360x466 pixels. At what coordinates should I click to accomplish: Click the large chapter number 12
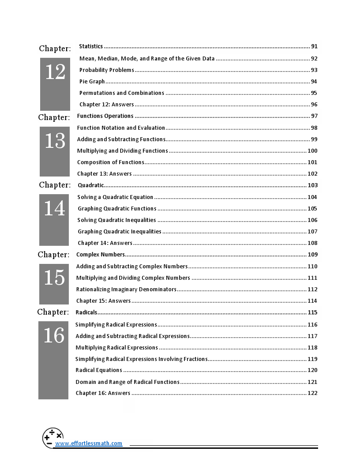(x=55, y=72)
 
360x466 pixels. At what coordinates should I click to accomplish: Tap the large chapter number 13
(x=55, y=141)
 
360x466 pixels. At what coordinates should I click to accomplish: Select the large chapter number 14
(x=54, y=208)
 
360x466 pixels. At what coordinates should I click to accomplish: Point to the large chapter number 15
(x=54, y=278)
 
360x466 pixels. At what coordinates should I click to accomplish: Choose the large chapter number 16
(x=54, y=336)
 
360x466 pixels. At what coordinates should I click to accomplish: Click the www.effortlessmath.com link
(x=89, y=443)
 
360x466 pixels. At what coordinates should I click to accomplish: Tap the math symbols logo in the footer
(x=52, y=438)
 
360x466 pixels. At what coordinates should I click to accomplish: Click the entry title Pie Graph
(x=92, y=81)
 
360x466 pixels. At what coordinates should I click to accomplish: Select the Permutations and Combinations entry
(x=122, y=93)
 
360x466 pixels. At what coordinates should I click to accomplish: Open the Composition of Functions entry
(x=111, y=162)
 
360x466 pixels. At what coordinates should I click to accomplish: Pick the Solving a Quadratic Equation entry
(x=116, y=197)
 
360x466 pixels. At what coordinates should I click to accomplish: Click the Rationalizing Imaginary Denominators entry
(x=126, y=289)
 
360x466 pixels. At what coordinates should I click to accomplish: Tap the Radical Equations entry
(x=99, y=370)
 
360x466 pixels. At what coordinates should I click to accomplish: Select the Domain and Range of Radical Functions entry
(x=127, y=382)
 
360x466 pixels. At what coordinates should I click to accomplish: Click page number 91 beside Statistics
(x=314, y=46)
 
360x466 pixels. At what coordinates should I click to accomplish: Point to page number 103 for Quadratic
(x=312, y=185)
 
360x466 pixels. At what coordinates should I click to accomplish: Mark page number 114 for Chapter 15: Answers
(x=312, y=301)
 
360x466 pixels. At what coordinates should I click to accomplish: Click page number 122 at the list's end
(x=312, y=393)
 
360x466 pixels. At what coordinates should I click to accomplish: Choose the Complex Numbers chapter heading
(x=101, y=254)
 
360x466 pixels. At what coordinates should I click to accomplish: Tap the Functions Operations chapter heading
(x=105, y=116)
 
